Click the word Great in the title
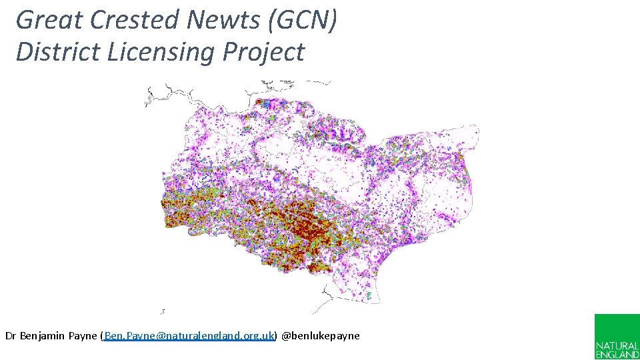[49, 20]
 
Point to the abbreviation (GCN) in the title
[303, 20]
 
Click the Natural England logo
[617, 337]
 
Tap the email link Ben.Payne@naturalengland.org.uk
[189, 336]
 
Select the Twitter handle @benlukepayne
[321, 336]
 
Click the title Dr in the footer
[11, 336]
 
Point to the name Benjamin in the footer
[43, 336]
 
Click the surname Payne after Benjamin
[83, 336]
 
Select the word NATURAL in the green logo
[617, 347]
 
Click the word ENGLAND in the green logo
[617, 355]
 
